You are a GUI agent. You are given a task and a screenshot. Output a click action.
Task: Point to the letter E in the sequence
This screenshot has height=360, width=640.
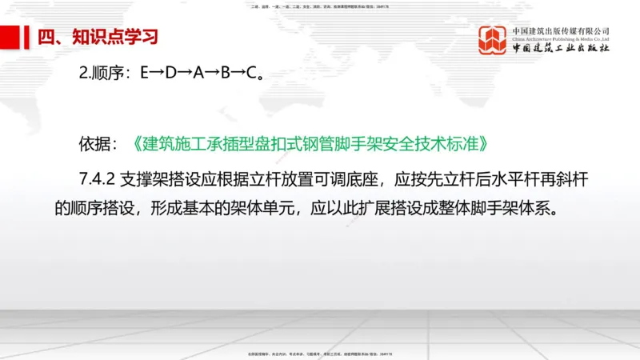(x=145, y=74)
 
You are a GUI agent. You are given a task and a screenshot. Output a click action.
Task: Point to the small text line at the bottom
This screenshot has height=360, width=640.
(x=320, y=352)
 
